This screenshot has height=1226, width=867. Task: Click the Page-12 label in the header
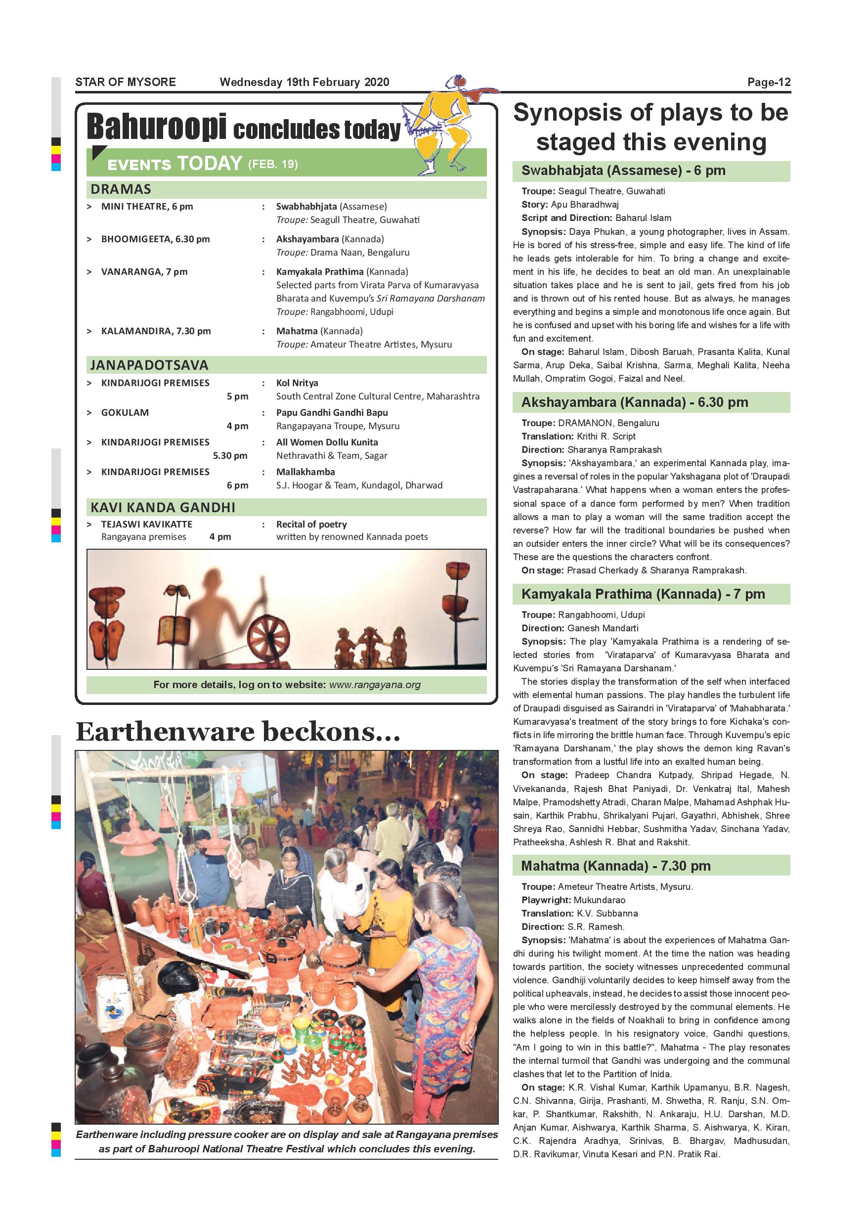point(768,82)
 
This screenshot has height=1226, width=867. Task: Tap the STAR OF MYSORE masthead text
point(126,82)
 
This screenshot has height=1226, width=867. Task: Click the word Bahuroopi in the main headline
point(156,128)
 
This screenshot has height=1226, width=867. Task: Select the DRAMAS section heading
point(121,189)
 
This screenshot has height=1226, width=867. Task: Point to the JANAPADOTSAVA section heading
point(149,365)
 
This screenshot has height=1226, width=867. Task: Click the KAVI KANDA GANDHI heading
point(163,507)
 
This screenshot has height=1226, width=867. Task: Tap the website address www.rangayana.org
point(375,685)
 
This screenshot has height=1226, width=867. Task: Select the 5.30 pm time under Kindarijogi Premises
point(230,455)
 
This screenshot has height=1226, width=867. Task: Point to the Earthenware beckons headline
point(238,732)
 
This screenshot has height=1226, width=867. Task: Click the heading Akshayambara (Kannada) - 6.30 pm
point(634,402)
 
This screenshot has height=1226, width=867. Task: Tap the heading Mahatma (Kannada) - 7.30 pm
point(615,866)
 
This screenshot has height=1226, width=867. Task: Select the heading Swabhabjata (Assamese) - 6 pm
point(623,171)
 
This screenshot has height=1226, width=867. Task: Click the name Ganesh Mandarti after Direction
point(603,628)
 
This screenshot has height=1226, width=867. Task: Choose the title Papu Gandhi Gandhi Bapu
point(332,413)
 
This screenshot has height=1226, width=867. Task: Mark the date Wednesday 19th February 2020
point(304,82)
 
